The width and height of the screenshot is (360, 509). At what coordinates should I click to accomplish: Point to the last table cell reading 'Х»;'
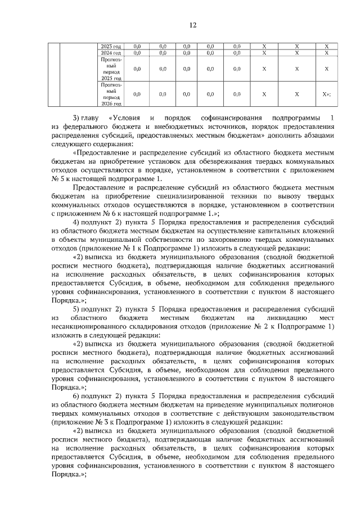click(x=326, y=94)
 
